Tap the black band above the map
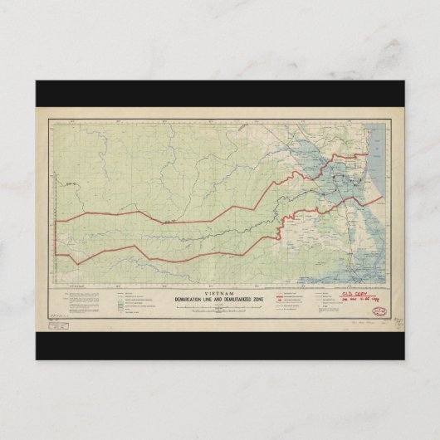tap(220, 93)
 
